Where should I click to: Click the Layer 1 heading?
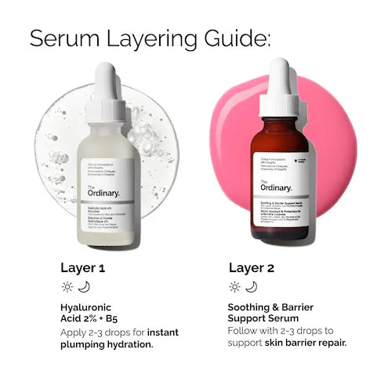coord(82,268)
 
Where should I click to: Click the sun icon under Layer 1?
coord(67,287)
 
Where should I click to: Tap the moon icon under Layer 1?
coord(85,287)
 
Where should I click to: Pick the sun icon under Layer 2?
coord(234,287)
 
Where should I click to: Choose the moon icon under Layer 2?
coord(251,287)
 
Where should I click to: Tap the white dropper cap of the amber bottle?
coord(280,86)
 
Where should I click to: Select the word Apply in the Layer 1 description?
coord(75,332)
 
